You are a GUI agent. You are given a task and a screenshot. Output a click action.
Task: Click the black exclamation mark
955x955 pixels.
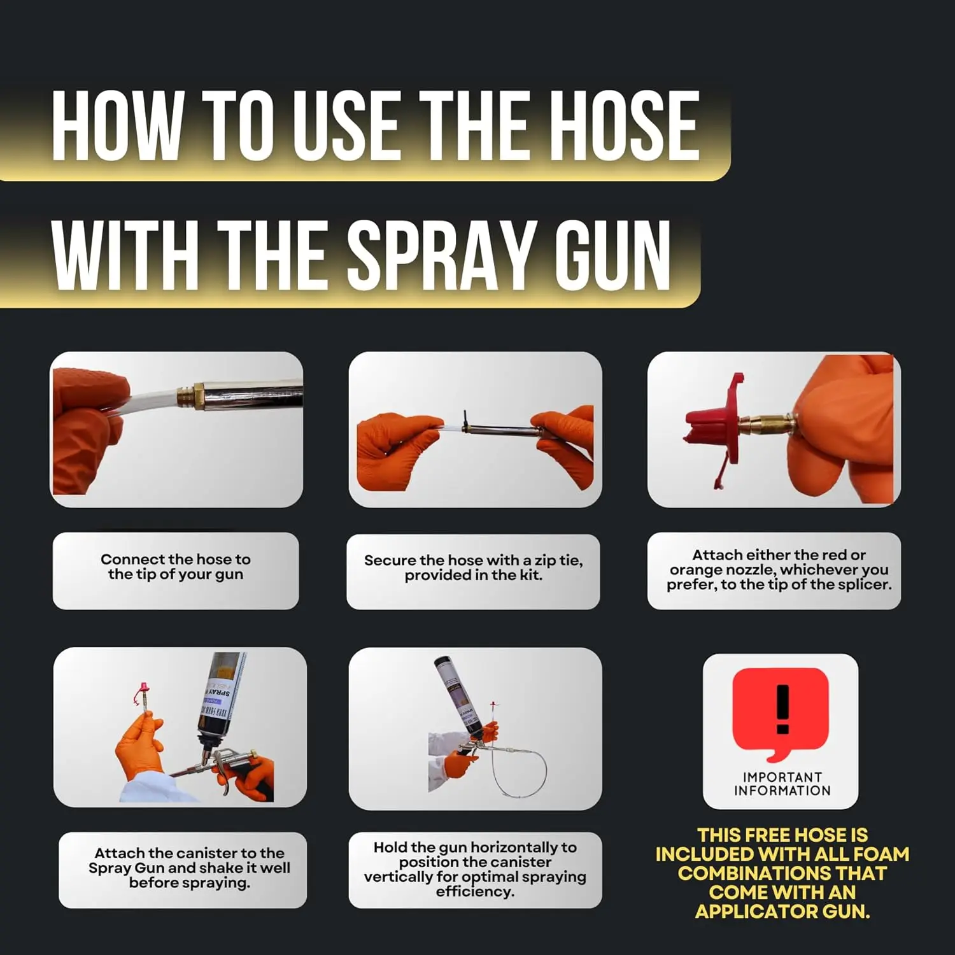coord(782,709)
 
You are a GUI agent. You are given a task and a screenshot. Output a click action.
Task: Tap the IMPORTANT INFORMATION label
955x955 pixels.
coord(782,784)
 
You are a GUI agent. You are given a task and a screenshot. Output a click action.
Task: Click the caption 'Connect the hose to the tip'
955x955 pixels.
coord(176,567)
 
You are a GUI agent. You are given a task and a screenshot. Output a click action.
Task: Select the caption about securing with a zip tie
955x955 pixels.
coord(473,568)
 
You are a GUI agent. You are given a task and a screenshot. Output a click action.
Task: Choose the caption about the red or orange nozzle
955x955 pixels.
coord(779,570)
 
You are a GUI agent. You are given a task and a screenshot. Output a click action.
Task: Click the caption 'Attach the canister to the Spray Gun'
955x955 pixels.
coord(189,868)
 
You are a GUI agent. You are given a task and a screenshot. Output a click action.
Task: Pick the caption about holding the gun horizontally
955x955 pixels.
coord(475,870)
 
